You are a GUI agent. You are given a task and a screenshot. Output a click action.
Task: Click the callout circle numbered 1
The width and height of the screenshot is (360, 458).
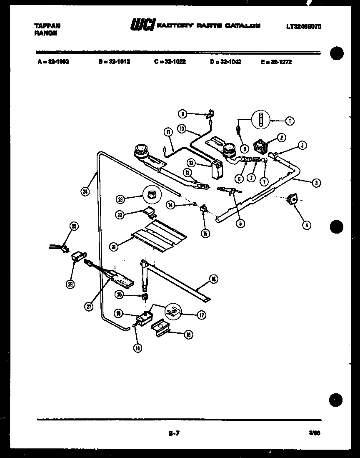click(288, 121)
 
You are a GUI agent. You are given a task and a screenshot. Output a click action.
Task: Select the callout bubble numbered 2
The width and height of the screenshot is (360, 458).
click(282, 137)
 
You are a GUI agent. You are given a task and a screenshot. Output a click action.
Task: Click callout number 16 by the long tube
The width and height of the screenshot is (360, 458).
click(213, 279)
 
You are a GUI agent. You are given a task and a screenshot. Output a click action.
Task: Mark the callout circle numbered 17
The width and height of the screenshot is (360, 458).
click(202, 315)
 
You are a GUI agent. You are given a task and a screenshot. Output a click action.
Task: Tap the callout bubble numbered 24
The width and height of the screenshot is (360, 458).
click(85, 191)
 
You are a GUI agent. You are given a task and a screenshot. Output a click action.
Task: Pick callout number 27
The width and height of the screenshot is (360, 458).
click(88, 307)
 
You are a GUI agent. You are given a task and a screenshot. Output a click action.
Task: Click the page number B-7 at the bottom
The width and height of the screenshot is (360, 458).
click(174, 433)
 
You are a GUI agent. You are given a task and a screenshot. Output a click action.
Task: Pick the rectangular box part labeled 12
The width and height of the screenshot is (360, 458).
click(217, 169)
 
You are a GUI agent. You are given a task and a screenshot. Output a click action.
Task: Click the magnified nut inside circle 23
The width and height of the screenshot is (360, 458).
click(152, 194)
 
